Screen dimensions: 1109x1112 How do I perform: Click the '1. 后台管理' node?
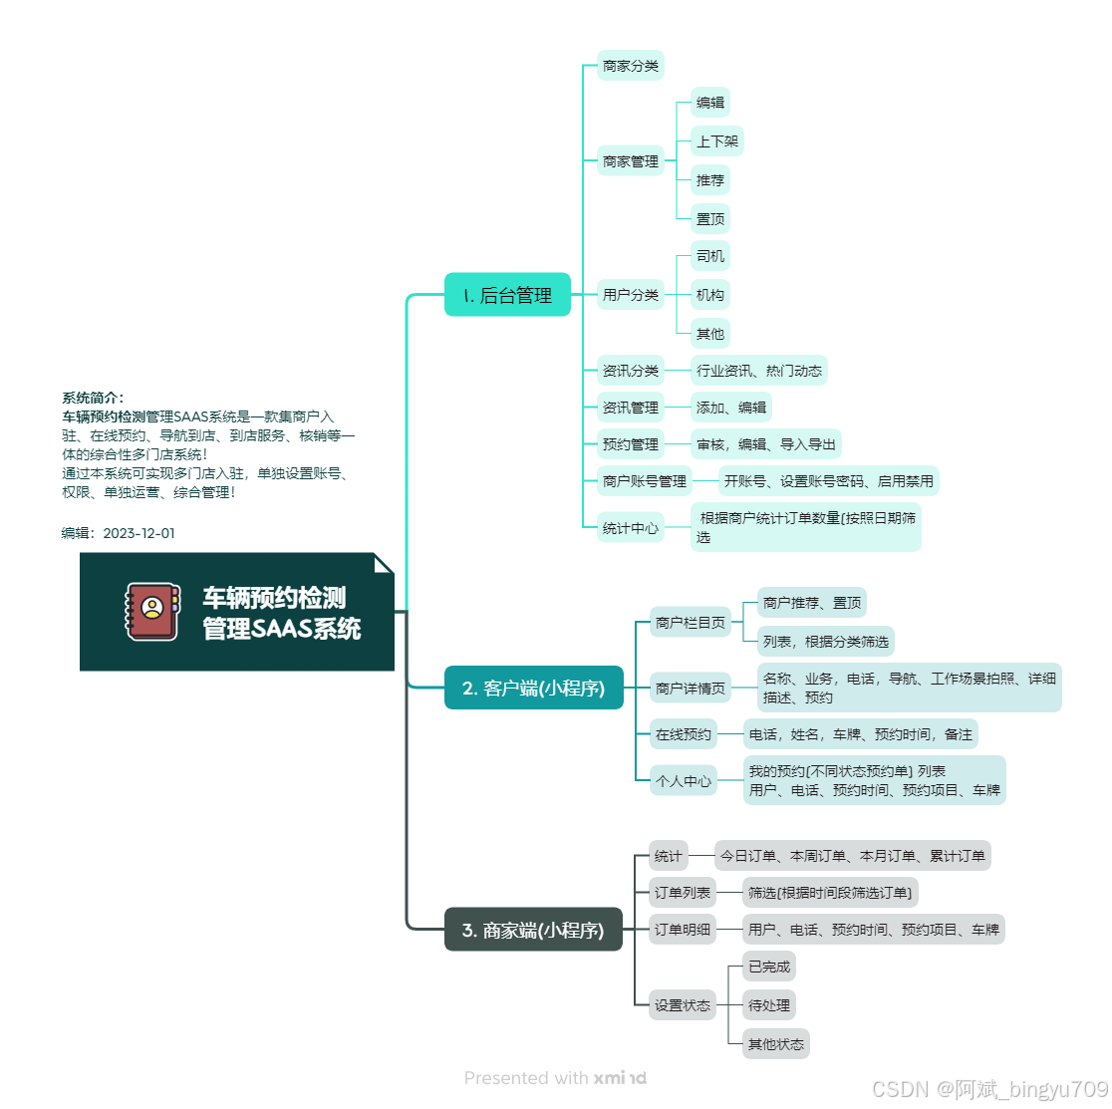click(x=507, y=295)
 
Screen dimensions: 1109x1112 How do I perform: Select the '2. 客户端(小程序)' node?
click(x=533, y=688)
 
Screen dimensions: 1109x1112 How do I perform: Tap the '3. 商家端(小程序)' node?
click(x=533, y=930)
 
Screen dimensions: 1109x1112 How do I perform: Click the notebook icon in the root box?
click(x=151, y=611)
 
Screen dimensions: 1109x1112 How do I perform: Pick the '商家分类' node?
click(x=630, y=67)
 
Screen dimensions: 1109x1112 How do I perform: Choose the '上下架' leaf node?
click(x=716, y=141)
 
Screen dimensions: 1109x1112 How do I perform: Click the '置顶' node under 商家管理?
click(x=710, y=219)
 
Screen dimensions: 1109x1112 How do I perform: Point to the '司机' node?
click(x=710, y=257)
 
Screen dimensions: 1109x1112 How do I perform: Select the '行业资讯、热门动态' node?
click(x=759, y=371)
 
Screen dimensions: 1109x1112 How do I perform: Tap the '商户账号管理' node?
click(x=645, y=481)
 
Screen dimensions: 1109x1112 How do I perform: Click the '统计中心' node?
click(x=630, y=528)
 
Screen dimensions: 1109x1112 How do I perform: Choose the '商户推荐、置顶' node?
click(x=812, y=603)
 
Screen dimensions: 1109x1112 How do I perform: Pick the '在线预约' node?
click(x=683, y=734)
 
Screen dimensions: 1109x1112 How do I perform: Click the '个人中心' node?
click(x=683, y=781)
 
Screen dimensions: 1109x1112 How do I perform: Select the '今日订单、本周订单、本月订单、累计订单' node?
click(x=853, y=856)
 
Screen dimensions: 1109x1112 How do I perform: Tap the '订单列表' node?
click(x=683, y=893)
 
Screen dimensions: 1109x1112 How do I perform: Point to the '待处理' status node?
click(x=769, y=1005)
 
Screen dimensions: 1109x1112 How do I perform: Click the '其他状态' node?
click(x=775, y=1044)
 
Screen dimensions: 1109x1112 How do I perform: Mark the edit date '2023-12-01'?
click(x=139, y=533)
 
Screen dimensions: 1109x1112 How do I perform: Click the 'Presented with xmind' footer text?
click(x=555, y=1078)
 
